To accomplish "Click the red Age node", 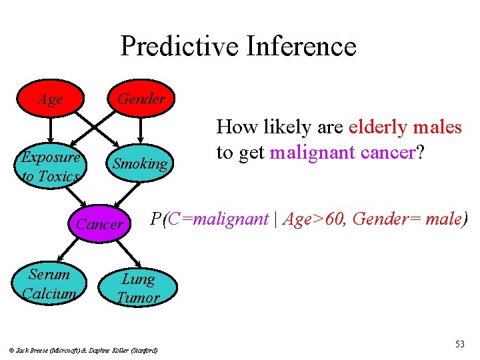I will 50,99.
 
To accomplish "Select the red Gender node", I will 141,99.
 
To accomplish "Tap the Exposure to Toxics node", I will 50,166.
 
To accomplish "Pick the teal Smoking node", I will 140,163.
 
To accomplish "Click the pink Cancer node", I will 99,224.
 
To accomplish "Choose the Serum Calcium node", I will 49,283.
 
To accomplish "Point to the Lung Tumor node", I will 138,288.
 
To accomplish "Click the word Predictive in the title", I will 179,47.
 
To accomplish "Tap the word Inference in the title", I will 301,47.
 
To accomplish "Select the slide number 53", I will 459,344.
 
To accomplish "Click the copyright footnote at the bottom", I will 83,349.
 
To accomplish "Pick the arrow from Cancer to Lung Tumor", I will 127,253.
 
